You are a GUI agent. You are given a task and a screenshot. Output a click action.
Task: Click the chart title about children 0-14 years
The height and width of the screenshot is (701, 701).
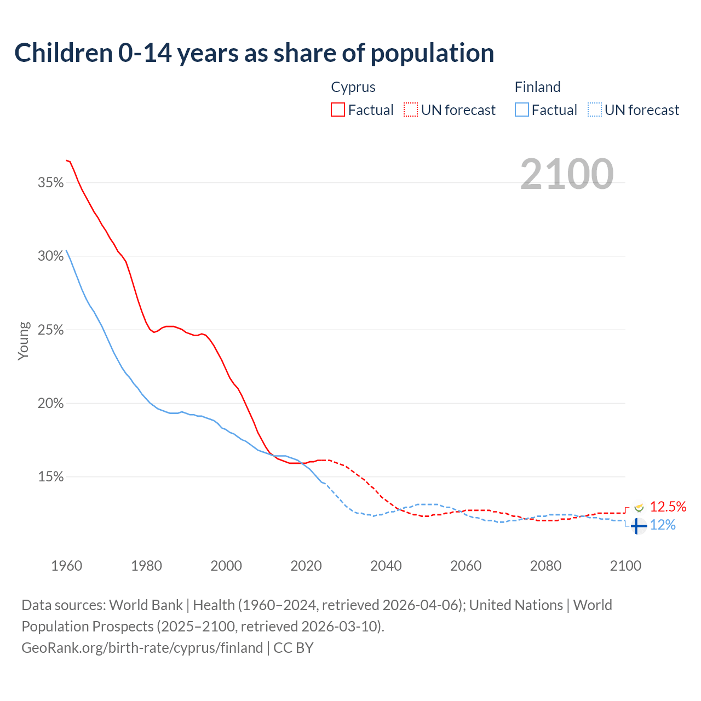click(254, 53)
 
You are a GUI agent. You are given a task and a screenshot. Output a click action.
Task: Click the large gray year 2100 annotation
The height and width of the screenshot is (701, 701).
click(566, 174)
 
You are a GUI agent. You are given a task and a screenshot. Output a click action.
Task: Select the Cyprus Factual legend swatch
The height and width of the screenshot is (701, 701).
click(338, 110)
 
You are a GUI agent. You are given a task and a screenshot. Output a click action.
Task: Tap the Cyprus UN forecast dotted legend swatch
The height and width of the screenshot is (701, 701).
click(411, 110)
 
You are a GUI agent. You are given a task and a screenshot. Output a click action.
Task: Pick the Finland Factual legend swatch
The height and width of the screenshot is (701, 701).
click(521, 110)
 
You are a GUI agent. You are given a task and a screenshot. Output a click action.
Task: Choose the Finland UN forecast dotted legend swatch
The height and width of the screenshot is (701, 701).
click(594, 110)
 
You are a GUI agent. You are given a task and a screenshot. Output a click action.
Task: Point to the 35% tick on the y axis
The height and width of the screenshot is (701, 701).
click(51, 183)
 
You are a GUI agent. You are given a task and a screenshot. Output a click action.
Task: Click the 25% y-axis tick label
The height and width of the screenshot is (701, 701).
click(51, 330)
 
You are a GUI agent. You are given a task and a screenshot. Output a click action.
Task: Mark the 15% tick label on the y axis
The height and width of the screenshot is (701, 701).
click(51, 477)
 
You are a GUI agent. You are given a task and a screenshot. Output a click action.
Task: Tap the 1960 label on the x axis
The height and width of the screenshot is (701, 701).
click(67, 566)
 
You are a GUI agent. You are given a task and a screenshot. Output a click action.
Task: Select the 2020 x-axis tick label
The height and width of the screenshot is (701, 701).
click(306, 566)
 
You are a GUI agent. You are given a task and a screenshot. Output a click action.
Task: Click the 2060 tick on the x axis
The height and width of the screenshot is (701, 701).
click(466, 566)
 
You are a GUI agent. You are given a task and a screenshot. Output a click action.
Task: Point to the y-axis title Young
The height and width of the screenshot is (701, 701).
click(23, 341)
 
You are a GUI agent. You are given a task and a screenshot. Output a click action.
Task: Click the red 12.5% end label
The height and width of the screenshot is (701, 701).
click(668, 507)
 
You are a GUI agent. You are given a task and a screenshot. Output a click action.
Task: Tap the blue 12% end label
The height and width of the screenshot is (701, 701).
click(663, 525)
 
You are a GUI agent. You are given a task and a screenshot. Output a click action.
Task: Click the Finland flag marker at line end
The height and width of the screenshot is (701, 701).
click(638, 526)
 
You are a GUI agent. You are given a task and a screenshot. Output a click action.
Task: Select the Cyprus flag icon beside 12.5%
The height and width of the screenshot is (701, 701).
click(639, 508)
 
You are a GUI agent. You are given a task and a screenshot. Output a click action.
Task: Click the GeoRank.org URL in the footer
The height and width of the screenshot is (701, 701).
click(142, 648)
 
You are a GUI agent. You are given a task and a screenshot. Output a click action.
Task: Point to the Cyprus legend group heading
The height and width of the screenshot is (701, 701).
click(353, 87)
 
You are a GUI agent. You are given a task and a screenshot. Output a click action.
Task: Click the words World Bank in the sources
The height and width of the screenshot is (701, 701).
click(146, 605)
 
